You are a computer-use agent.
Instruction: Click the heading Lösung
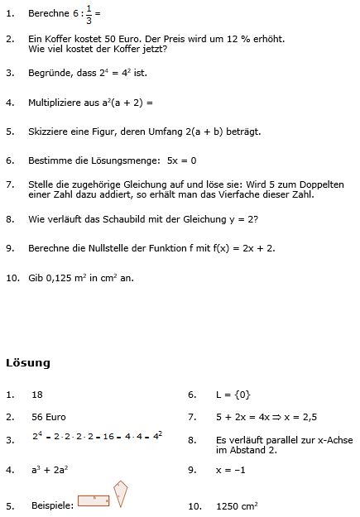(x=28, y=362)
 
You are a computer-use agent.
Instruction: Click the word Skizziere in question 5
(x=50, y=132)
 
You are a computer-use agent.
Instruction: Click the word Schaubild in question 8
(x=124, y=219)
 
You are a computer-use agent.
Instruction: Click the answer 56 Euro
(x=49, y=418)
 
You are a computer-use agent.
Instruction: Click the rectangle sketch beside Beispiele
(x=94, y=500)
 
